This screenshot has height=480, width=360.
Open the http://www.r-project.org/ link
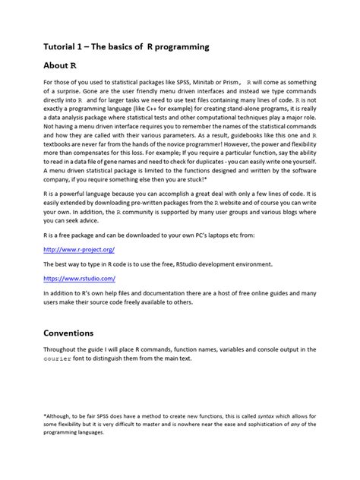(80, 248)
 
